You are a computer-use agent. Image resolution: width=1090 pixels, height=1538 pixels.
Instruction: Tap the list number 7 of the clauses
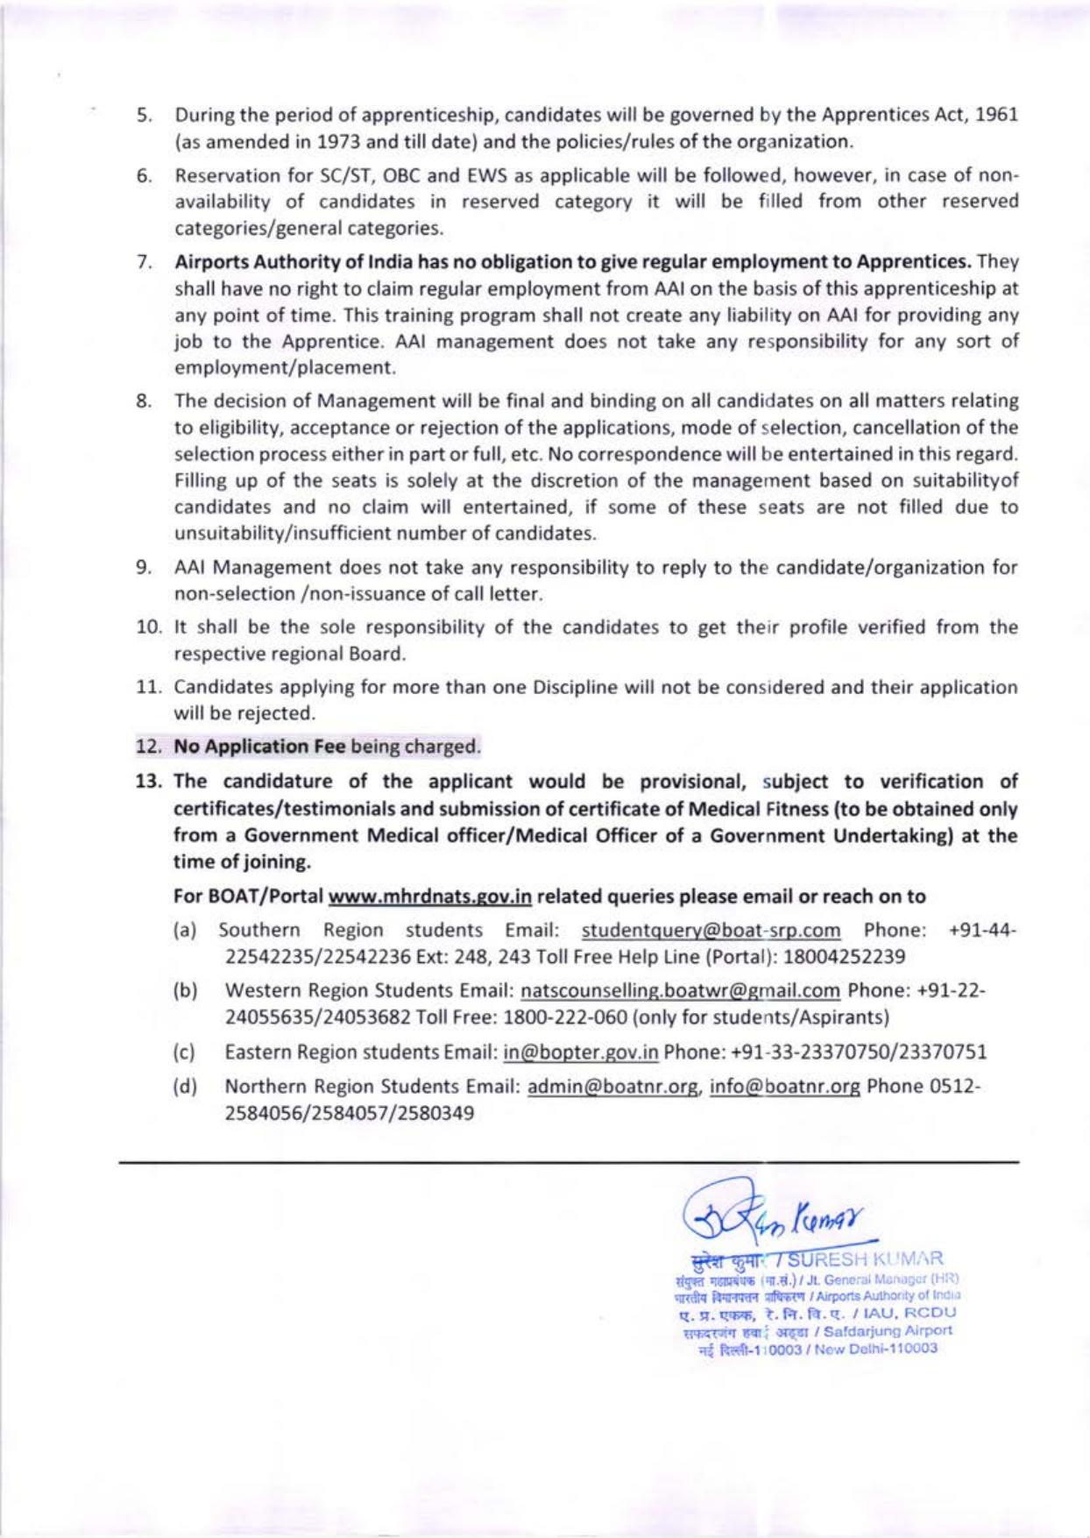[x=145, y=262]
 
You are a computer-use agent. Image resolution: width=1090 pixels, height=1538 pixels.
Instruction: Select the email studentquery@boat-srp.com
[x=711, y=930]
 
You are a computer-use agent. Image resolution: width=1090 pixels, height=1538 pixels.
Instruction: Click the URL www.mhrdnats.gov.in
[x=430, y=897]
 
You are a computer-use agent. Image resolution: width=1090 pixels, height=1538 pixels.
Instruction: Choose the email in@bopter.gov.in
[x=580, y=1052]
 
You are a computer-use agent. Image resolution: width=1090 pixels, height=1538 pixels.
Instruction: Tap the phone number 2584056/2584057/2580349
[x=350, y=1113]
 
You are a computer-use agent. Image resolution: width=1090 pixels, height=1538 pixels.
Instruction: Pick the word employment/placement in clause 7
[x=284, y=367]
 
